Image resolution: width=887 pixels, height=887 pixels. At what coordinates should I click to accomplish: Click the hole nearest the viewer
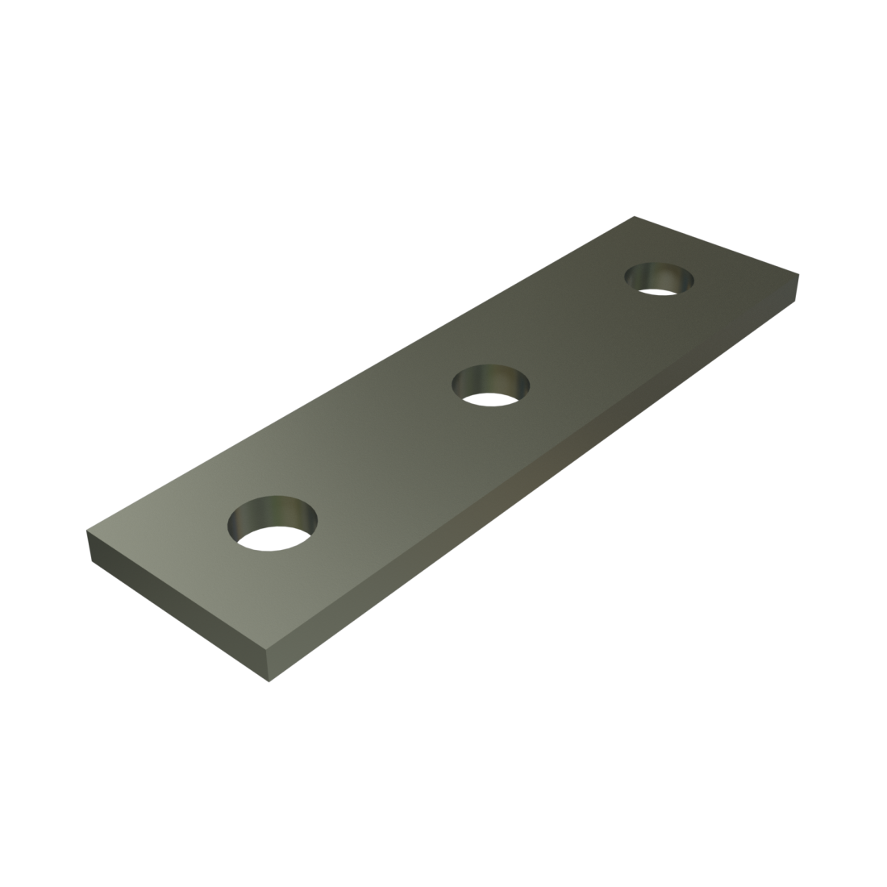click(273, 523)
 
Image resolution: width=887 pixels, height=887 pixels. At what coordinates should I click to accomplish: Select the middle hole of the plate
click(492, 385)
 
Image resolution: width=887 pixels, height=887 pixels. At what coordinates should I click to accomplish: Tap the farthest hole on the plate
click(660, 279)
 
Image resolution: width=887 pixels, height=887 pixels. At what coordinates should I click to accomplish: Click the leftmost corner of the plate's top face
click(86, 530)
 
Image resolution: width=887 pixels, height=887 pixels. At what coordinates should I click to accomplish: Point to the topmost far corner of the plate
click(635, 216)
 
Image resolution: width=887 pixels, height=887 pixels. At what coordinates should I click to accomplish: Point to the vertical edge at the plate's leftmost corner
click(87, 543)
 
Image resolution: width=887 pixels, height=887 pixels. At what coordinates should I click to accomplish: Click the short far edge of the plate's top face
click(717, 245)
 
